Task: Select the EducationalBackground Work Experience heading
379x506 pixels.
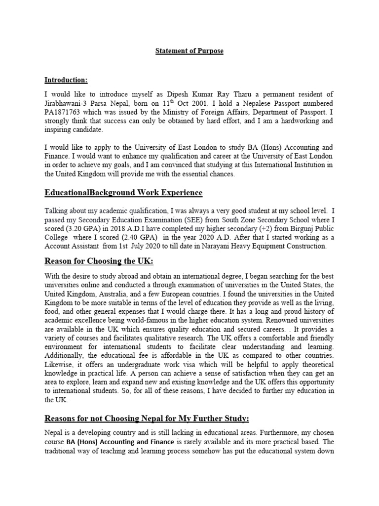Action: (123, 192)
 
